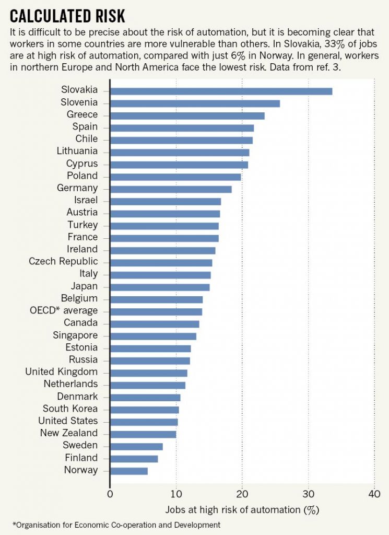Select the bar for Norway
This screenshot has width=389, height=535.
tap(129, 471)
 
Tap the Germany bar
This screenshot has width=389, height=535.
tap(171, 189)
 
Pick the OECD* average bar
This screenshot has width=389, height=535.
tap(156, 311)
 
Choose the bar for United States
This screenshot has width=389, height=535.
tap(144, 422)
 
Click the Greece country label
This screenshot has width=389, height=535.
tap(82, 115)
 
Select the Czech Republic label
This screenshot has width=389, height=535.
tap(63, 261)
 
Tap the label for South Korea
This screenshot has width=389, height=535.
tap(70, 409)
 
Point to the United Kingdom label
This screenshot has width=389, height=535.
tap(62, 372)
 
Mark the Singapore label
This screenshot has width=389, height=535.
tap(75, 335)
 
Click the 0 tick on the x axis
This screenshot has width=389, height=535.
tap(110, 493)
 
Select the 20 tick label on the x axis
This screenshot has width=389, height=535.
tap(242, 493)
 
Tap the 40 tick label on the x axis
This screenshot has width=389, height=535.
tap(374, 493)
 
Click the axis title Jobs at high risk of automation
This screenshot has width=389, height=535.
tap(242, 508)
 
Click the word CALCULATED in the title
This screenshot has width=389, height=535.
tap(48, 15)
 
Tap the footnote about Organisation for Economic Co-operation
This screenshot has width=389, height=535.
tap(116, 524)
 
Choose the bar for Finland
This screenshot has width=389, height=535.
tap(134, 459)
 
